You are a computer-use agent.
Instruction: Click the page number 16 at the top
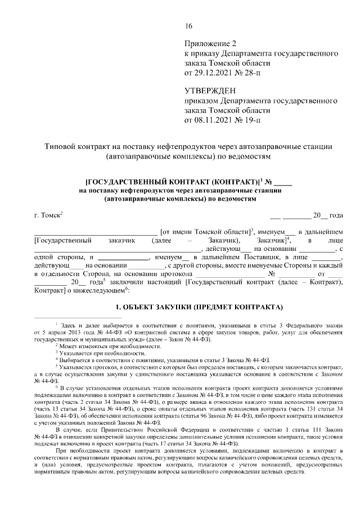pyautogui.click(x=188, y=26)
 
